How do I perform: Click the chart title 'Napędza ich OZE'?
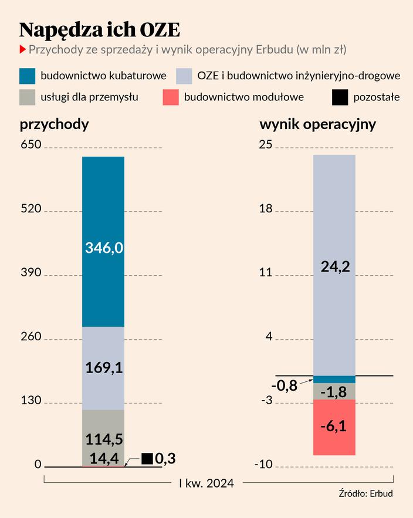pyautogui.click(x=100, y=29)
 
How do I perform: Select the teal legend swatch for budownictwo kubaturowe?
pyautogui.click(x=28, y=76)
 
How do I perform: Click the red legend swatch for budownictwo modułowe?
pyautogui.click(x=170, y=97)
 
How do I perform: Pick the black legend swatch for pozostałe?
pyautogui.click(x=340, y=97)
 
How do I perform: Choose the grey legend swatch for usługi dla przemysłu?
pyautogui.click(x=28, y=97)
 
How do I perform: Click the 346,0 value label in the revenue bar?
pyautogui.click(x=104, y=248)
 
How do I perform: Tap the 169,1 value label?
pyautogui.click(x=103, y=368)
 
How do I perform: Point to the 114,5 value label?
pyautogui.click(x=103, y=439)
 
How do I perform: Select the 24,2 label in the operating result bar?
pyautogui.click(x=335, y=267)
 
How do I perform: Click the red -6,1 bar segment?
pyautogui.click(x=334, y=426)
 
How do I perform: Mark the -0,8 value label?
pyautogui.click(x=285, y=386)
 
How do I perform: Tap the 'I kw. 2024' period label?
pyautogui.click(x=206, y=483)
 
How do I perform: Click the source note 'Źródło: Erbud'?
pyautogui.click(x=365, y=493)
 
